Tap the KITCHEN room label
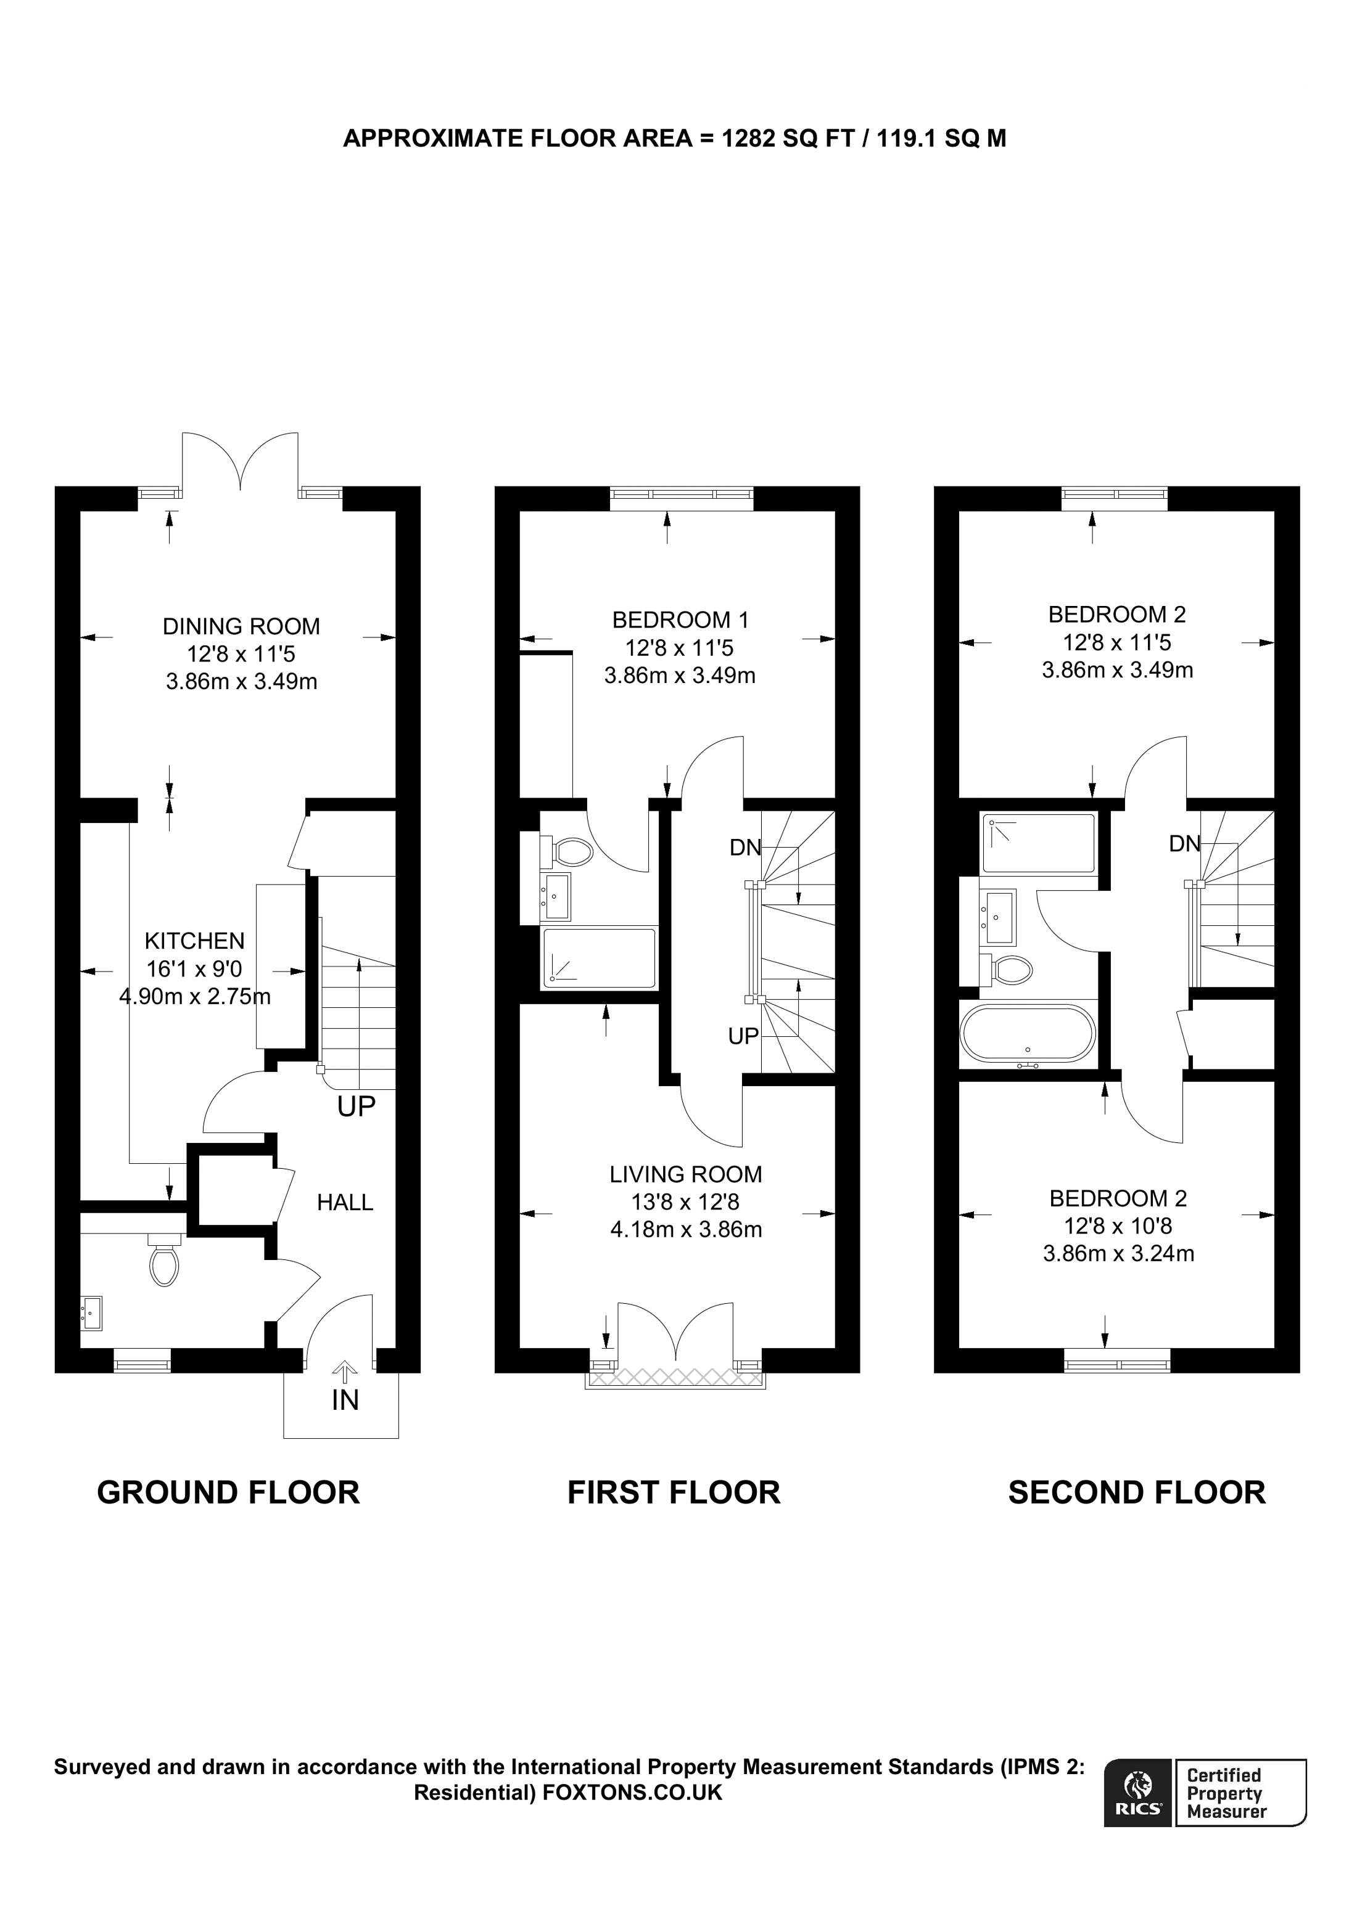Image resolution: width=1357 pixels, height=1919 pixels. point(195,941)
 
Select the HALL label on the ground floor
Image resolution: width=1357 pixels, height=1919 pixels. point(344,1203)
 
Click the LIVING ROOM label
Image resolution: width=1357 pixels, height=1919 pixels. point(686,1174)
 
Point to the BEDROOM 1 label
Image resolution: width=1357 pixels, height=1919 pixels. point(680,620)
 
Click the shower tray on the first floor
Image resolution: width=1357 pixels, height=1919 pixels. point(600,958)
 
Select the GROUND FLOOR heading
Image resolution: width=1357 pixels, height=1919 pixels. point(228,1493)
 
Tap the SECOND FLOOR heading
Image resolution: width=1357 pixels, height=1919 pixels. point(1137,1493)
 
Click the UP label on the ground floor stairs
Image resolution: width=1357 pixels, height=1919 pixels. point(356,1107)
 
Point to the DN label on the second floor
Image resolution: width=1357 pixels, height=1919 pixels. point(1185,844)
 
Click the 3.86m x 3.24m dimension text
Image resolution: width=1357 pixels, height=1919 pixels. point(1119,1254)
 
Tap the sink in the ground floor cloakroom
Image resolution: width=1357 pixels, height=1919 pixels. point(91,1313)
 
